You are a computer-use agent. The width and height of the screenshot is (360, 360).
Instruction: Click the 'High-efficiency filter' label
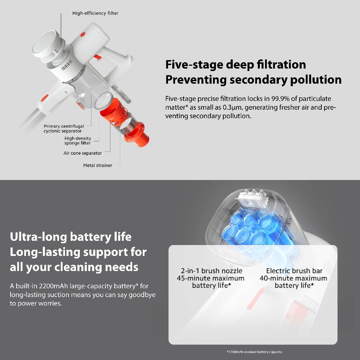[95, 13]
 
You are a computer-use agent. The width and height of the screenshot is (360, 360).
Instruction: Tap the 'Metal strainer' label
[98, 165]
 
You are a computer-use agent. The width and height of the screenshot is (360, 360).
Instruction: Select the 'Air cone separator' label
[83, 153]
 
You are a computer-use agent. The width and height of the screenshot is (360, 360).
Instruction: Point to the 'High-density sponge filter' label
[78, 141]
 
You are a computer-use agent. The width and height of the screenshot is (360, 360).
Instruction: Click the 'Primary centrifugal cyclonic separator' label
[64, 129]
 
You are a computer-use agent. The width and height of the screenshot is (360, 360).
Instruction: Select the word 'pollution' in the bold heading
[316, 80]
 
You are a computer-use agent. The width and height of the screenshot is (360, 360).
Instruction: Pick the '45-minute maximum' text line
[211, 278]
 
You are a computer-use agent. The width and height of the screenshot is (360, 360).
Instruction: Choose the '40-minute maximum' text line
[294, 278]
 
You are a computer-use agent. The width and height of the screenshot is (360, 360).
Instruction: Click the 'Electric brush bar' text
[294, 271]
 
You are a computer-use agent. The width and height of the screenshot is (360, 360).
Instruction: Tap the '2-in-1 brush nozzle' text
[211, 271]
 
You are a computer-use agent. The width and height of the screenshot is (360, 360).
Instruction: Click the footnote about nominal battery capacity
[255, 352]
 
